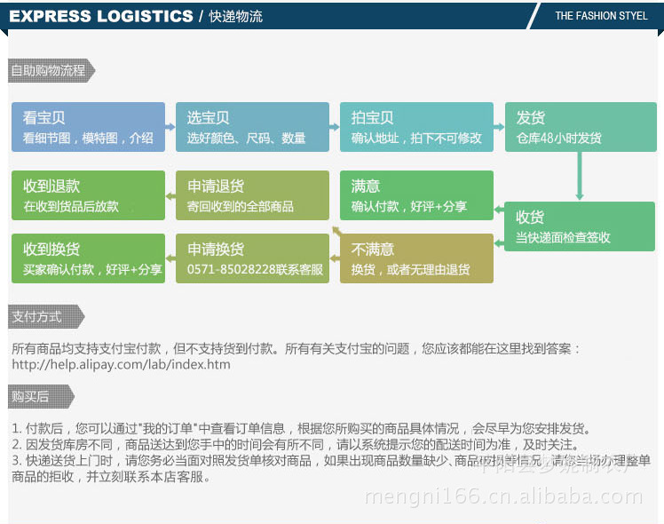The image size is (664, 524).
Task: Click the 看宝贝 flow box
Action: click(88, 127)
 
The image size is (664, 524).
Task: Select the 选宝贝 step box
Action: click(251, 127)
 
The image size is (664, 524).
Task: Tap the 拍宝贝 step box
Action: click(415, 127)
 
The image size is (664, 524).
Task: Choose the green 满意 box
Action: click(415, 195)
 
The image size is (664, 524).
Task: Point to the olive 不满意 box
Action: click(415, 258)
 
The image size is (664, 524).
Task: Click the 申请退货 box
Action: click(251, 195)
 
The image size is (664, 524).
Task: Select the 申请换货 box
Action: click(251, 258)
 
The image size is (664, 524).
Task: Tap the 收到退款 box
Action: click(88, 195)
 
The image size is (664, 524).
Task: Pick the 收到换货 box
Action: click(88, 258)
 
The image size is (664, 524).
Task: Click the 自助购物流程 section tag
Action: click(50, 71)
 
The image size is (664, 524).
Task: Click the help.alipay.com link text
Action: click(121, 364)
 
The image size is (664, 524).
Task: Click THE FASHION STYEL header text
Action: click(601, 16)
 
